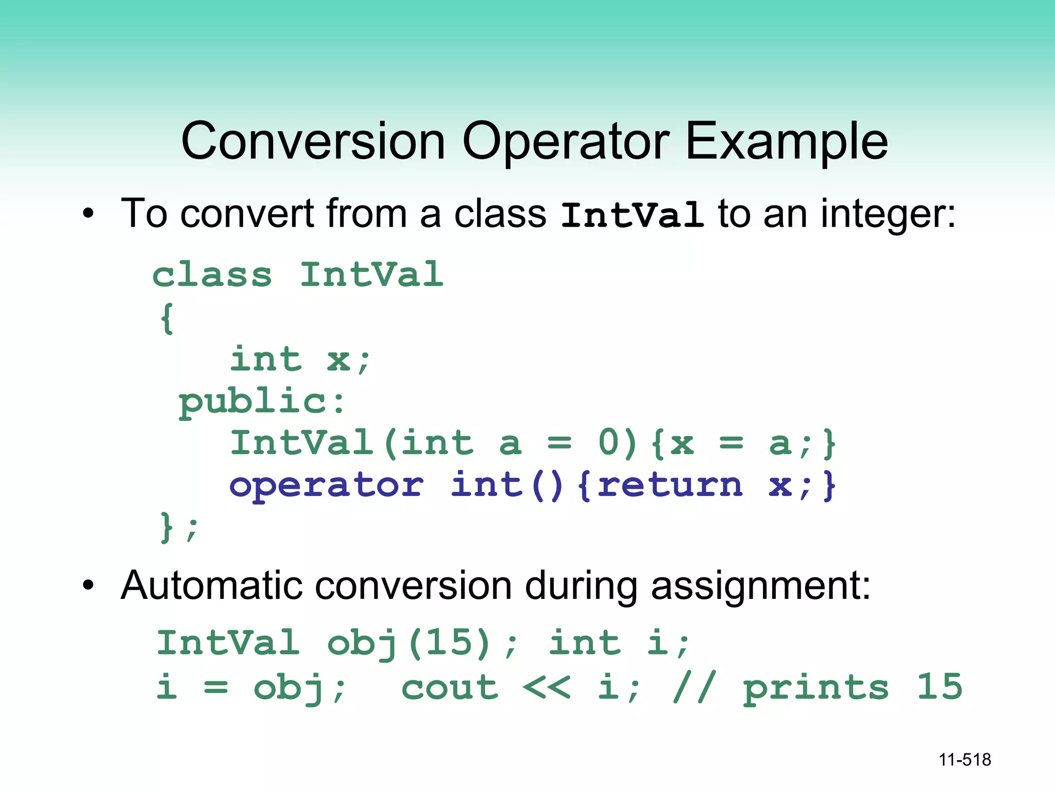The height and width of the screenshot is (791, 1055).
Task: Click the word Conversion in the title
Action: point(313,141)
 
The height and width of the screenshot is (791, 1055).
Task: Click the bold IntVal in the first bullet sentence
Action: point(632,215)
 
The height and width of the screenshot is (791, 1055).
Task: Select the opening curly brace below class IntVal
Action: point(167,318)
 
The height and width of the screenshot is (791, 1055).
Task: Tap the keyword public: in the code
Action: point(261,402)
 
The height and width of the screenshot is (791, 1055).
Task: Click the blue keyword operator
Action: point(327,486)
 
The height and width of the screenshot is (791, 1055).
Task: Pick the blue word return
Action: point(670,485)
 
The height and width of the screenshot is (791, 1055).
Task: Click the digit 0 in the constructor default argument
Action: point(609,443)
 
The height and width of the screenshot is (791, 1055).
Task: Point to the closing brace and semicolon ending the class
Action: point(178,527)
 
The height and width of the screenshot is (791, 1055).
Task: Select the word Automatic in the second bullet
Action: point(211,586)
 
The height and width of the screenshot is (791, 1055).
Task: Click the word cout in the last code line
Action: point(450,687)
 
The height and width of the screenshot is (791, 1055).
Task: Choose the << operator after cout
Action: point(546,687)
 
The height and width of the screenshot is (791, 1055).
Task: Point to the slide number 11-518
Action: point(964,760)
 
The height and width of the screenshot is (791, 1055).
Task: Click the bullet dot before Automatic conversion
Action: point(89,586)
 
